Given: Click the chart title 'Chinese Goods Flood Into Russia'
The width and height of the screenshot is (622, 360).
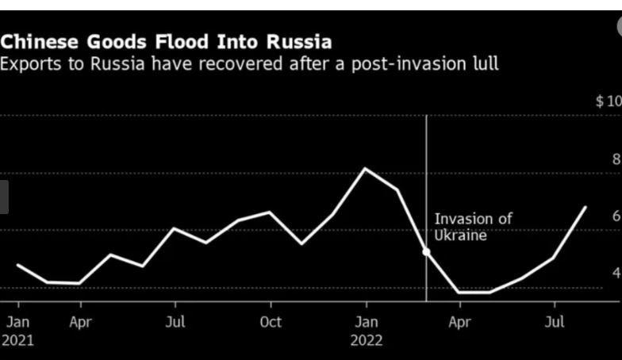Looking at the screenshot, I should (x=166, y=41).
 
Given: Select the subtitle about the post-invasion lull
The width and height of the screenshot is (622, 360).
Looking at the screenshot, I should (x=249, y=64).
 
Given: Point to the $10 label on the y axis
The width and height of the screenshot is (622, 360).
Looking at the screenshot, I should (x=609, y=101).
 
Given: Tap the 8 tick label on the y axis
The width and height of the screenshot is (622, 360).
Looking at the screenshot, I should (x=616, y=159).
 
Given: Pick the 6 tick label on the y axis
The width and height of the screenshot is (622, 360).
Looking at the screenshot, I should (x=616, y=216).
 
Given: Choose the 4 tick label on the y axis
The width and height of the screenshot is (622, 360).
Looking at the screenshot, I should (x=616, y=273).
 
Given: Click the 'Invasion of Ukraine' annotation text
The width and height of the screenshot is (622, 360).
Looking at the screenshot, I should (x=473, y=227).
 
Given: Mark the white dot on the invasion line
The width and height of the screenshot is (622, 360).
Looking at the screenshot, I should (x=427, y=252).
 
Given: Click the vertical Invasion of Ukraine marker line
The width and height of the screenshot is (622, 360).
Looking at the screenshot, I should (x=427, y=174).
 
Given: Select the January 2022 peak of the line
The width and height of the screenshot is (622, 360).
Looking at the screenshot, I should (x=366, y=169).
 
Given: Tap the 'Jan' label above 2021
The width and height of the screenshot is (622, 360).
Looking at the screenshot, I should (x=17, y=323).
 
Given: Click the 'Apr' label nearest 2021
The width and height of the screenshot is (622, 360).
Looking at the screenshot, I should (x=80, y=323).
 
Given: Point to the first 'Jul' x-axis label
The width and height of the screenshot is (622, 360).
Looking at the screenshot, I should (x=175, y=323).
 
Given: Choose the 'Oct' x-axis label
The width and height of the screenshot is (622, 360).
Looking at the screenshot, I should (x=271, y=323).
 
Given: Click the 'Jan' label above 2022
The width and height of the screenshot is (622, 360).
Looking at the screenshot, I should (x=366, y=323).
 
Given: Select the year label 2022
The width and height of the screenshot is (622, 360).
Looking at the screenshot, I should (x=366, y=341).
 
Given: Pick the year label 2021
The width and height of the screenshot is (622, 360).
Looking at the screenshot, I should (x=17, y=341).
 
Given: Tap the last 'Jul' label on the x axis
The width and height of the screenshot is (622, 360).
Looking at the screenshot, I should (x=555, y=323).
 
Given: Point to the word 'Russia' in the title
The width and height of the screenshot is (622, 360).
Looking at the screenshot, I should (x=297, y=41).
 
